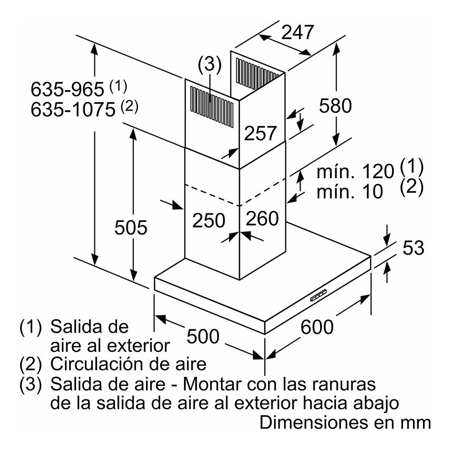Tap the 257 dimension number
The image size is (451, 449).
point(260,134)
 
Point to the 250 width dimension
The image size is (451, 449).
point(208,220)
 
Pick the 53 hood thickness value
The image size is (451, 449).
point(414,248)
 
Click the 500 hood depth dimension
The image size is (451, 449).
point(203,335)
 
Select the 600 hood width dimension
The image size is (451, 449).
point(317,327)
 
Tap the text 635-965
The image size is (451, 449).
point(68,87)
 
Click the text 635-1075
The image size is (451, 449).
point(73,110)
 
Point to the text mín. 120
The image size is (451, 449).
point(356,171)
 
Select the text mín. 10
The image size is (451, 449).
point(350,191)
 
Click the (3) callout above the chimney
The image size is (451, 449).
point(209,65)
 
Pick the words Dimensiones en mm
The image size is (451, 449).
point(346,423)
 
